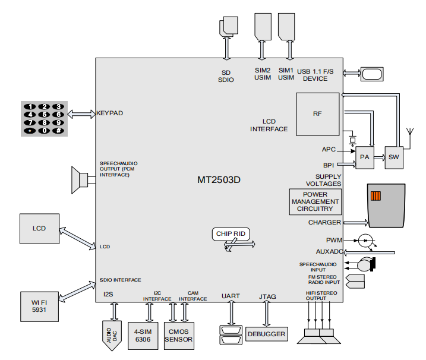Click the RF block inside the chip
point(317,114)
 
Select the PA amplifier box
point(365,157)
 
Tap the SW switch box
point(394,157)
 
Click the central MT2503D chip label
point(219,180)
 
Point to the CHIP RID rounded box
point(231,234)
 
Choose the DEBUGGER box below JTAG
point(266,334)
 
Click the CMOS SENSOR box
point(179,336)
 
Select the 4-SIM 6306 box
point(143,336)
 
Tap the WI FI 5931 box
point(39,307)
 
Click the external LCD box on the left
point(39,229)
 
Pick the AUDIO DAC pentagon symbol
point(112,336)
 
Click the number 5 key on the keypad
point(45,115)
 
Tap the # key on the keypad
point(58,131)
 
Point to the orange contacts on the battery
point(375,196)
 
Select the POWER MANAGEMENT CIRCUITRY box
point(315,202)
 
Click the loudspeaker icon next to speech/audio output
point(80,180)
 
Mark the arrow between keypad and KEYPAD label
point(81,114)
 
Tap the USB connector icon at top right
point(372,74)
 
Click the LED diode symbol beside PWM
point(365,241)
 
